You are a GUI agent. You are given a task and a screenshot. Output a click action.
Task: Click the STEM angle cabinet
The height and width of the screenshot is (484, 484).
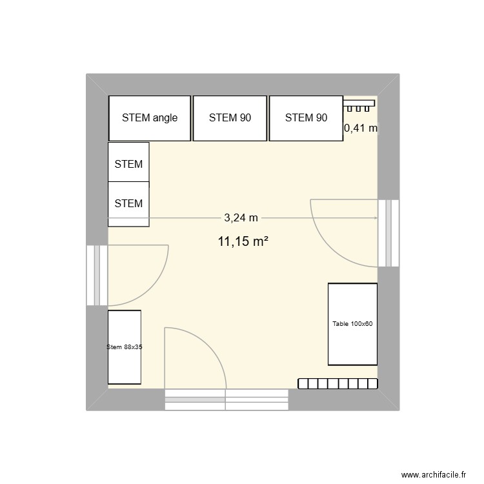point(150,118)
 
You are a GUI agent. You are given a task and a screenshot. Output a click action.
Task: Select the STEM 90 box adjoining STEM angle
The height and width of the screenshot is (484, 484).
point(230,118)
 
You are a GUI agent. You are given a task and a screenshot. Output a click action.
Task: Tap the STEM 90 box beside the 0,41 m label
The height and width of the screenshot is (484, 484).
point(305,118)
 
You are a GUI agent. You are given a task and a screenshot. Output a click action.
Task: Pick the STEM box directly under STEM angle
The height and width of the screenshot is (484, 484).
point(128,164)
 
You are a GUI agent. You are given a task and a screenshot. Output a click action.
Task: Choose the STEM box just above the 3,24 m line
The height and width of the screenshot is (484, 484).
point(128,204)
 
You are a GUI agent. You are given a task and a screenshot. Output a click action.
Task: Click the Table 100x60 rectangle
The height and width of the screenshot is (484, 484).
point(352,324)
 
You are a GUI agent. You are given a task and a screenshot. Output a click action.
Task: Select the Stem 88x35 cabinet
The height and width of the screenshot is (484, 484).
point(124,347)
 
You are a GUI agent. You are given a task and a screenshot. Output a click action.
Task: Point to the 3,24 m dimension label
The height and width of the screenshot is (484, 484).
point(241,218)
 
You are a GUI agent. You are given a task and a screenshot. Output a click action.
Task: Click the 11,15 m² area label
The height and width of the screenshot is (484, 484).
point(243,242)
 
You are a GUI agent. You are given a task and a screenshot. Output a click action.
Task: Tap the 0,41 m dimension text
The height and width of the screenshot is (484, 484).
point(361,128)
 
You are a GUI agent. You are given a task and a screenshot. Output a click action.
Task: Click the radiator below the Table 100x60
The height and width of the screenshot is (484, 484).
point(338,383)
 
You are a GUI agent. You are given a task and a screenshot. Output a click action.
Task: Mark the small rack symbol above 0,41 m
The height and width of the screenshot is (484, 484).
point(359,103)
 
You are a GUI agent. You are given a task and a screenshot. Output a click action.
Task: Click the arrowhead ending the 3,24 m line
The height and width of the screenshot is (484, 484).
point(375,218)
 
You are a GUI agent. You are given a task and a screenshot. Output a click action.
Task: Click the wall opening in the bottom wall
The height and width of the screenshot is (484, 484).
point(226,399)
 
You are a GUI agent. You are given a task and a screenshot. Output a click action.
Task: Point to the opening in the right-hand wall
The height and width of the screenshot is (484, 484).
point(388,232)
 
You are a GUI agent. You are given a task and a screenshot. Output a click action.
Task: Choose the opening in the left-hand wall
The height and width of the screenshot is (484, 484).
point(97,275)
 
